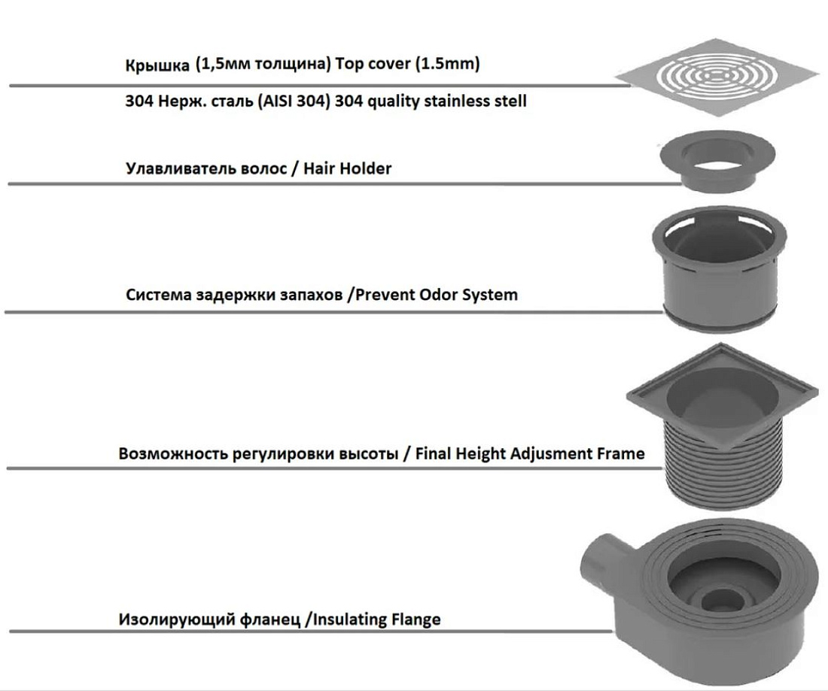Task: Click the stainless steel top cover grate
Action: pos(717,77)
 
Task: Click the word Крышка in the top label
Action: pos(157,65)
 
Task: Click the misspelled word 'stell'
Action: pos(509,100)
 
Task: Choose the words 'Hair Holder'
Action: pos(348,168)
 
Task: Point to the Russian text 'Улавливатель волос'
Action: pos(206,168)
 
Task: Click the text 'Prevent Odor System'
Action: pos(436,294)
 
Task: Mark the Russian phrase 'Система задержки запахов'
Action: pos(234,294)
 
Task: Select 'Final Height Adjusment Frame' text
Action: pos(530,453)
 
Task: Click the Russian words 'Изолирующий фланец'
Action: pos(210,619)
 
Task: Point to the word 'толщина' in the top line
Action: pos(292,64)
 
